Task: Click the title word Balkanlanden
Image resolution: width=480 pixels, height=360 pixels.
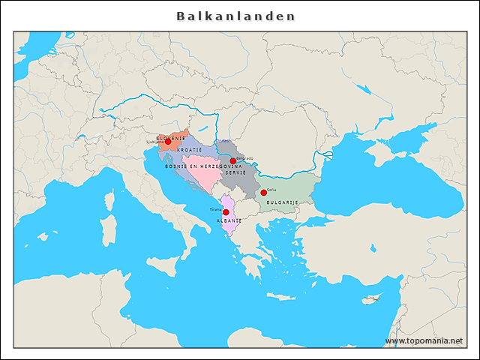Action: (x=236, y=16)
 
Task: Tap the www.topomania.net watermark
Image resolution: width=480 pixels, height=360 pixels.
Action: (x=424, y=340)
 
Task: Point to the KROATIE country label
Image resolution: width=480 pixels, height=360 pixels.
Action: (x=190, y=150)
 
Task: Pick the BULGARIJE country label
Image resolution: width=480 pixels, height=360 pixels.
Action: (x=283, y=202)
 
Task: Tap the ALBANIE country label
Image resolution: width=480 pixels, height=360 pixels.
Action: (x=229, y=222)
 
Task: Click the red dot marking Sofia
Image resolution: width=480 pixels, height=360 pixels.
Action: (x=263, y=193)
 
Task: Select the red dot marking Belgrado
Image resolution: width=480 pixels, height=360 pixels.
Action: (x=233, y=161)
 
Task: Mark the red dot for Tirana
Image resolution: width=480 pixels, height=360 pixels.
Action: (x=226, y=213)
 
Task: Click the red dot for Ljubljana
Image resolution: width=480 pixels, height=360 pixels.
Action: (x=167, y=142)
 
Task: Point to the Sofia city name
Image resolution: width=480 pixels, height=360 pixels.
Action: (x=271, y=190)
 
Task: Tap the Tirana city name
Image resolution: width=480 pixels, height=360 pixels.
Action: (x=215, y=210)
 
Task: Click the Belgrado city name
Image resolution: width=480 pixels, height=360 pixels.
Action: (x=244, y=158)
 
